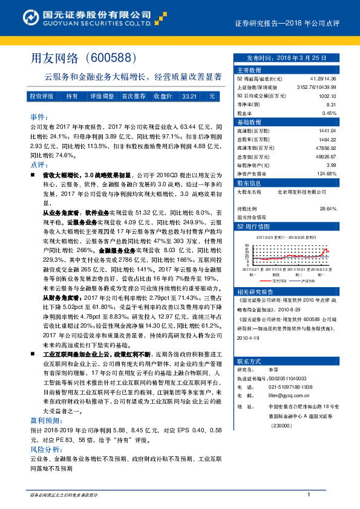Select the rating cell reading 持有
click(x=71, y=96)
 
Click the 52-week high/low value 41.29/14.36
click(x=323, y=79)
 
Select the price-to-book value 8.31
click(x=330, y=104)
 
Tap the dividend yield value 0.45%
click(x=329, y=113)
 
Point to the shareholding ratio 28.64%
click(x=327, y=208)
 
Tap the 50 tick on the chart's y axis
click(x=246, y=245)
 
